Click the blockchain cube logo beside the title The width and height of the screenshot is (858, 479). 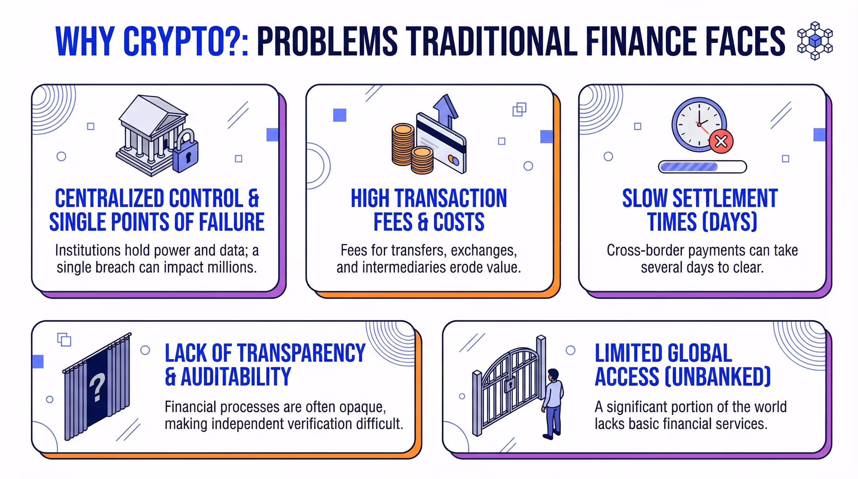coord(815,41)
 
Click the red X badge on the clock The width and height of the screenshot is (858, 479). coord(721,142)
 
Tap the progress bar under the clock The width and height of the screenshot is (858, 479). coord(702,167)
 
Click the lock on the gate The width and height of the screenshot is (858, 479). coord(510,385)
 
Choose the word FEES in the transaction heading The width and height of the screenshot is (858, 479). coord(393,222)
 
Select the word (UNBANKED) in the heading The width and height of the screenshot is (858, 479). coord(717,377)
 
